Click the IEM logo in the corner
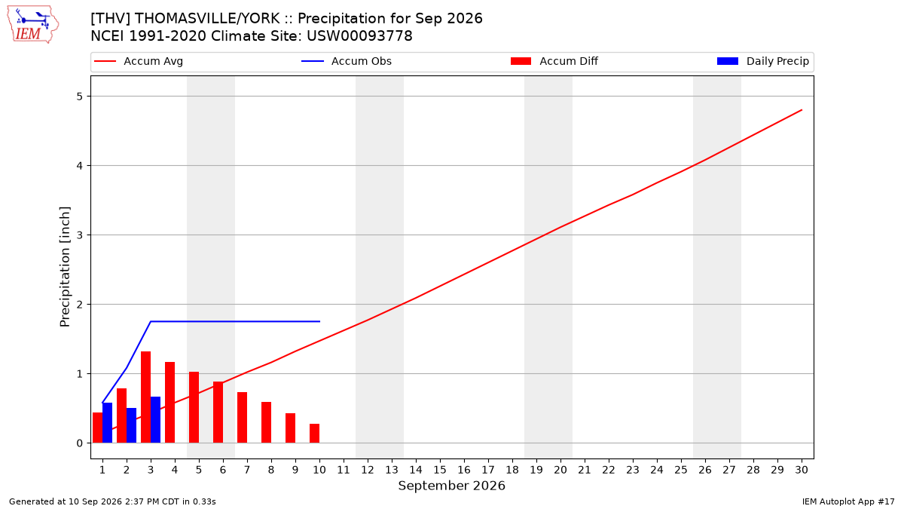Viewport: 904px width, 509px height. pyautogui.click(x=32, y=24)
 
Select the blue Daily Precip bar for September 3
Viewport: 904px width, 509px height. pyautogui.click(x=155, y=420)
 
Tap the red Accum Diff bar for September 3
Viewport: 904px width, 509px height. pyautogui.click(x=145, y=397)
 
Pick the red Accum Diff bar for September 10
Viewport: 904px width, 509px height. pyautogui.click(x=314, y=433)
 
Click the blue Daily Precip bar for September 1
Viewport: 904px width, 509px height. pyautogui.click(x=107, y=422)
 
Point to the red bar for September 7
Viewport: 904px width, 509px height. pyautogui.click(x=242, y=417)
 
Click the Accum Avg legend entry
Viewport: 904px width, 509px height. pyautogui.click(x=139, y=61)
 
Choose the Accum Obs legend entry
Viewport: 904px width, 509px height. pyautogui.click(x=347, y=61)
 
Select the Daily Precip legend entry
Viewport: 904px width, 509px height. pyautogui.click(x=762, y=61)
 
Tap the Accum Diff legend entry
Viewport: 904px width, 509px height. pyautogui.click(x=554, y=61)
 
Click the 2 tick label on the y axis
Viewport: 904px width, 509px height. pyautogui.click(x=80, y=304)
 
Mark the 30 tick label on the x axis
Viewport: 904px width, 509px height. pyautogui.click(x=802, y=470)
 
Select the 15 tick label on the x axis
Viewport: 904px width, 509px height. pyautogui.click(x=440, y=470)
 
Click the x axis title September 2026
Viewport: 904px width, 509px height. pyautogui.click(x=451, y=486)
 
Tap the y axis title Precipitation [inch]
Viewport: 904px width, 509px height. pyautogui.click(x=65, y=267)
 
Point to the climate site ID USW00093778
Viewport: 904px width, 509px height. pyautogui.click(x=359, y=36)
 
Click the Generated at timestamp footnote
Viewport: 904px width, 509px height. pyautogui.click(x=112, y=501)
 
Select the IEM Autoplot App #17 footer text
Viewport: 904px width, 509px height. pyautogui.click(x=848, y=501)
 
